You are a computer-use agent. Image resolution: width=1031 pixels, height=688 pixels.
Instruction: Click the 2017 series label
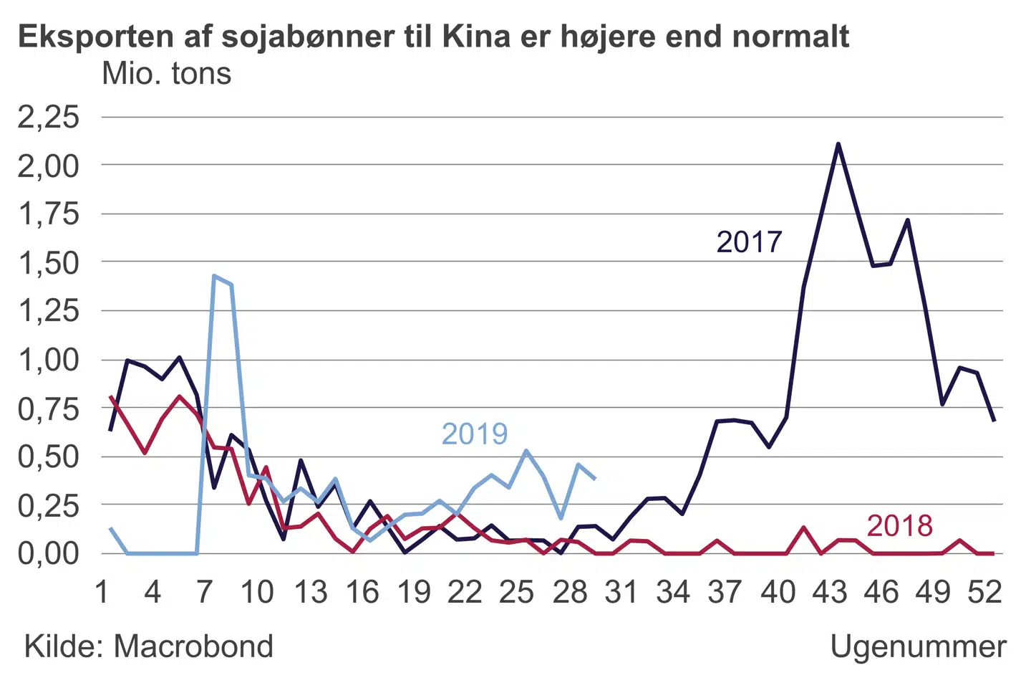pos(749,242)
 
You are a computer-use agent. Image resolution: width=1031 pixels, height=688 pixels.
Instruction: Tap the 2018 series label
pos(899,526)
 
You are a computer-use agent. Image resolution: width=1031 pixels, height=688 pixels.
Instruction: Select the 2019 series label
pos(474,434)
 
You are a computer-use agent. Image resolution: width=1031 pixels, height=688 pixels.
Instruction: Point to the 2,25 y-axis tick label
pos(48,117)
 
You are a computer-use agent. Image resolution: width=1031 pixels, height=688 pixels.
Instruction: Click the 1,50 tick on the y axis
pos(48,263)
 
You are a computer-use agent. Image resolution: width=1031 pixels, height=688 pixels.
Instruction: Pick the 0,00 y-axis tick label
pos(48,553)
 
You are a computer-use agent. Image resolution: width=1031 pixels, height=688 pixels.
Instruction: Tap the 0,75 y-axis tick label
pos(48,409)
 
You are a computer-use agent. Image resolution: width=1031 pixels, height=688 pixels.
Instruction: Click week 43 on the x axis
pos(829,592)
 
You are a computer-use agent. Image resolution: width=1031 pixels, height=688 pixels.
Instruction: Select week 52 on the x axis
pos(984,592)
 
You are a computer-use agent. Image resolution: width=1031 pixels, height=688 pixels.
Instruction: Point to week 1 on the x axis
pos(102,592)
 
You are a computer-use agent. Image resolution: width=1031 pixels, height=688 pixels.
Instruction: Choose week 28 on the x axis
pos(569,592)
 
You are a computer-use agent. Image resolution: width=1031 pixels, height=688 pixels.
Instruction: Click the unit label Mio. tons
pos(166,74)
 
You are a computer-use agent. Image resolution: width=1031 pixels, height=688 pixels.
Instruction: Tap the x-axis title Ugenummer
pos(918,646)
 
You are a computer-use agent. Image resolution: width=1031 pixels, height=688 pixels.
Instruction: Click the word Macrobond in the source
pos(193,646)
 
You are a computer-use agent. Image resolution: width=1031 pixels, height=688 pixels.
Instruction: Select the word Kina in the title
pos(475,36)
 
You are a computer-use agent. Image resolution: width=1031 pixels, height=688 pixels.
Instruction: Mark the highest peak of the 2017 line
pos(838,144)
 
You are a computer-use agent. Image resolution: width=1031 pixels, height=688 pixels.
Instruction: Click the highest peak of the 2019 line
pos(214,275)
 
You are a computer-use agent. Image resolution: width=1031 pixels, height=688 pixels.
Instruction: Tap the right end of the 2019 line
pos(595,478)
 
